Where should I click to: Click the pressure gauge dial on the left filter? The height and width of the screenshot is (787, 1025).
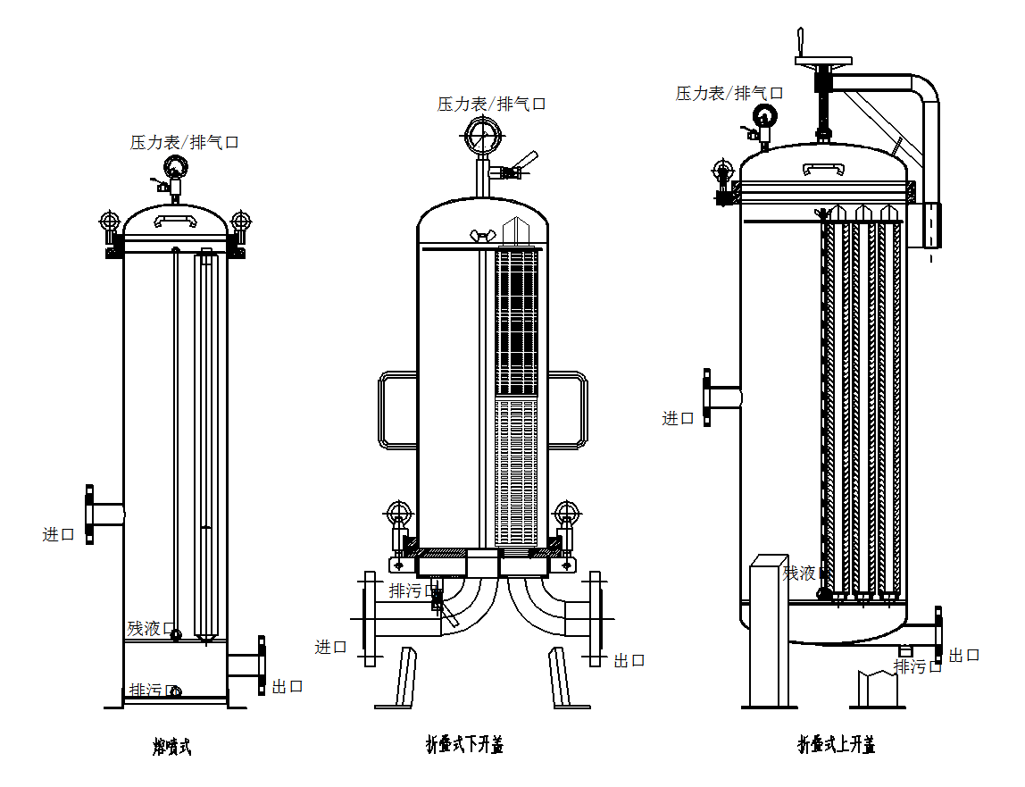click(174, 167)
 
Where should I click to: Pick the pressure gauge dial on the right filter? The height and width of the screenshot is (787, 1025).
click(764, 115)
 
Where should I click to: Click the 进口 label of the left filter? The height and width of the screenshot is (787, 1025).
click(59, 534)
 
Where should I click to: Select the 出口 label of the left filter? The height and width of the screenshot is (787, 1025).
click(287, 686)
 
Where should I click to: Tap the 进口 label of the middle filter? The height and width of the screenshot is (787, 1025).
click(330, 647)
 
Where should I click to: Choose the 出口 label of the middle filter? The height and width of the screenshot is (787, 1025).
click(629, 660)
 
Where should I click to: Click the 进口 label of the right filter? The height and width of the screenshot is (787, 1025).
click(678, 417)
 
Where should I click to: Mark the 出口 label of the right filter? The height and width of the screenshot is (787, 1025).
click(964, 655)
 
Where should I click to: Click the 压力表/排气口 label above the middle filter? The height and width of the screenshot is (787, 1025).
click(491, 104)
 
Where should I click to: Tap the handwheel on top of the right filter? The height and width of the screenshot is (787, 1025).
click(822, 62)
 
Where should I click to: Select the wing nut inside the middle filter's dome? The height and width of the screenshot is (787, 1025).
click(483, 236)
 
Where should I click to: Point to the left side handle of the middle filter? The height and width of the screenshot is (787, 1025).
click(397, 409)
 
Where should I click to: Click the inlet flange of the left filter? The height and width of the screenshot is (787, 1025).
click(90, 514)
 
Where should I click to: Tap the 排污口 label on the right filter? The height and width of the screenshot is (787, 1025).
click(918, 666)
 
